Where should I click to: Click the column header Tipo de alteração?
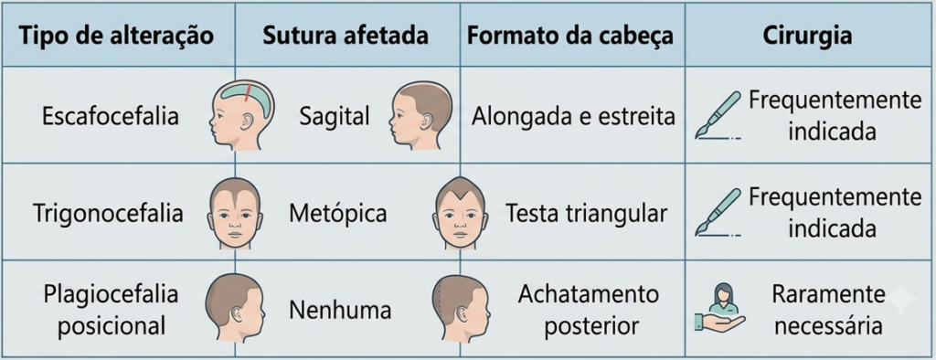[116, 36]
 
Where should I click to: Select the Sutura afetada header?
[346, 36]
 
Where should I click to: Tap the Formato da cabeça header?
[570, 36]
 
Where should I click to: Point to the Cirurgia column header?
[807, 37]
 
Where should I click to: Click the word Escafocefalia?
[111, 116]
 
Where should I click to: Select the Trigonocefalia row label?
[108, 213]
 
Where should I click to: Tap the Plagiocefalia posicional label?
[111, 310]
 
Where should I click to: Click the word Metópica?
[338, 214]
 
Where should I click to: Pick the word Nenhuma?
[340, 311]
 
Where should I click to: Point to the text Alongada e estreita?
[573, 116]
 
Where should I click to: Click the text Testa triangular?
[586, 213]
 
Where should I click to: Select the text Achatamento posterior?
[588, 310]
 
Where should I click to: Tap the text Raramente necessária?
[828, 310]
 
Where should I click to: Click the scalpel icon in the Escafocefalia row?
[718, 115]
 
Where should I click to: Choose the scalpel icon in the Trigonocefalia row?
[718, 213]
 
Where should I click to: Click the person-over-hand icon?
[720, 309]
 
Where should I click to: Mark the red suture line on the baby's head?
[247, 94]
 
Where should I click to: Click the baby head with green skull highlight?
[241, 113]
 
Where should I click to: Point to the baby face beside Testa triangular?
[460, 212]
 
